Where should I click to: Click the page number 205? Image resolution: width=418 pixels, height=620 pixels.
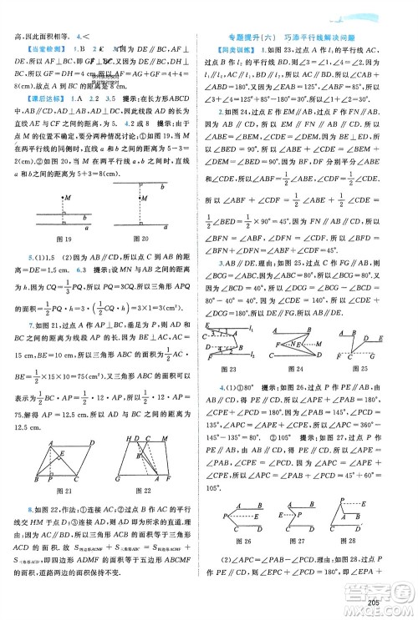397,602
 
